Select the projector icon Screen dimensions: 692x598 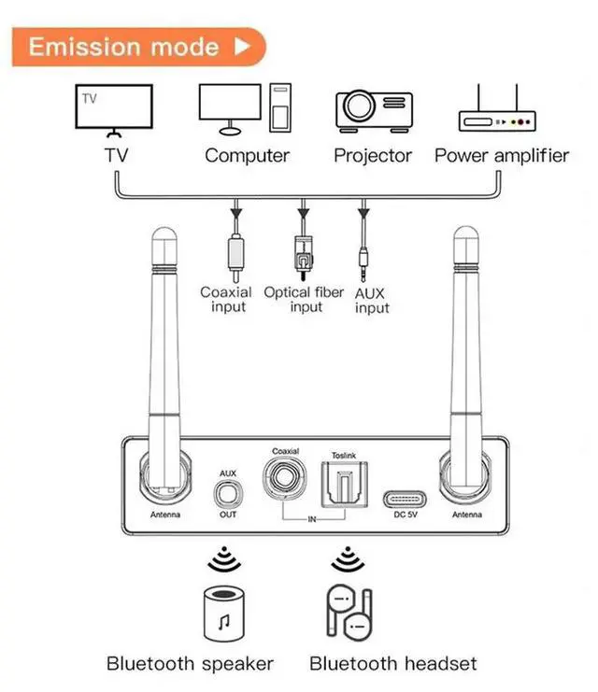pyautogui.click(x=373, y=110)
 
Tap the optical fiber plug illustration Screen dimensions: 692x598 pyautogui.click(x=303, y=253)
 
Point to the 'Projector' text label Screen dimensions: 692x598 pyautogui.click(x=373, y=156)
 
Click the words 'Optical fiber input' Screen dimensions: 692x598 pyautogui.click(x=305, y=300)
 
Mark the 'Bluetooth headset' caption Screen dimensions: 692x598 pyautogui.click(x=392, y=664)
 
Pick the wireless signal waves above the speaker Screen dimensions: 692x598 pyautogui.click(x=222, y=558)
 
